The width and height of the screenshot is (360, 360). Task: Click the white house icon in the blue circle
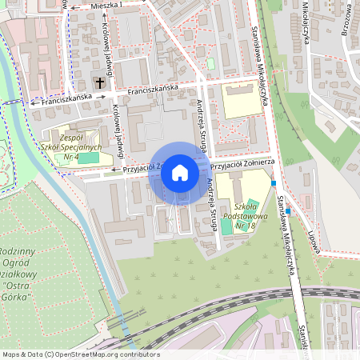point(180,173)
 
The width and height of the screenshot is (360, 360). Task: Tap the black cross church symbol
point(100,82)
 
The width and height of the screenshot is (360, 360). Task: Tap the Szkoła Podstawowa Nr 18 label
point(239,214)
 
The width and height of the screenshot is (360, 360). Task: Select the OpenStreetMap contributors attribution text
point(80,354)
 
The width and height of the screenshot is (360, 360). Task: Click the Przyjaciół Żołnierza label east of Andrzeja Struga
point(242,163)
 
